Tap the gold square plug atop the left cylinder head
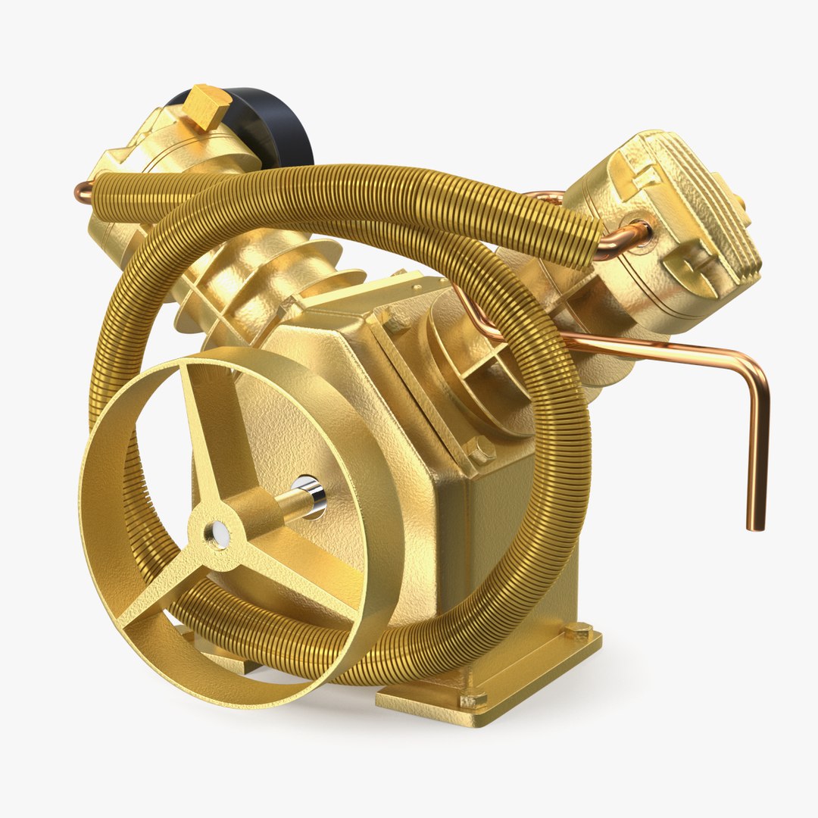(x=206, y=105)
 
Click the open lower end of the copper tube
(x=755, y=524)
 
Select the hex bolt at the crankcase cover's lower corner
(x=480, y=451)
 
